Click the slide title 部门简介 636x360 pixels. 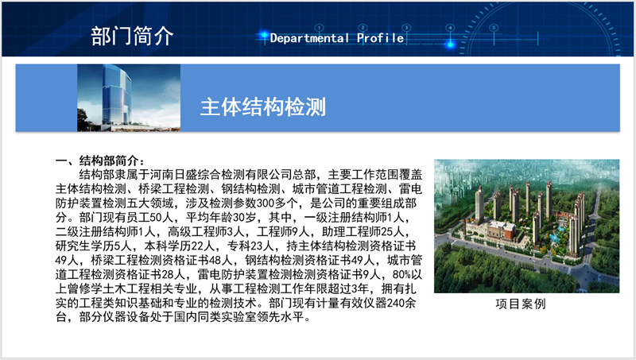tap(132, 37)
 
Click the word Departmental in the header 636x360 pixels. tap(309, 38)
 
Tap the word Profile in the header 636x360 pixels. tap(381, 38)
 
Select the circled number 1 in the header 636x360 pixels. tap(320, 28)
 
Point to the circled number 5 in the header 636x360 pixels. tap(494, 28)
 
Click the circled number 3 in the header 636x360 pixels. tap(406, 28)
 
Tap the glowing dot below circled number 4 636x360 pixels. tap(450, 45)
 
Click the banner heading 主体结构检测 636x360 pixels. tap(263, 107)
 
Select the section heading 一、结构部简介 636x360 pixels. tap(100, 161)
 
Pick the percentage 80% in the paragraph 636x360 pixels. tap(401, 274)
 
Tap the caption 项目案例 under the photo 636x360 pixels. tap(521, 304)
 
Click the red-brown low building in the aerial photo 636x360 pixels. tap(502, 230)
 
